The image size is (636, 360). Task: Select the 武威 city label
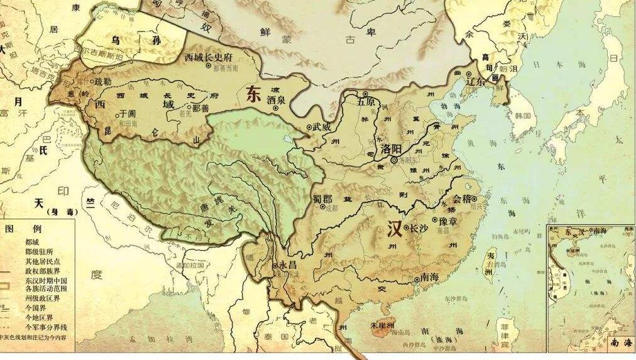coord(321,126)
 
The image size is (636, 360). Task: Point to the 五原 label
coord(366,101)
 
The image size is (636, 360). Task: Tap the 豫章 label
coord(451,221)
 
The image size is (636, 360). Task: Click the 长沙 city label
coord(418,228)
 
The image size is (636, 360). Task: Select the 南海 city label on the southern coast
coord(429,277)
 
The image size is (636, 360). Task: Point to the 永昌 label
coord(285,266)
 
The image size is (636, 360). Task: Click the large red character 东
coord(253,94)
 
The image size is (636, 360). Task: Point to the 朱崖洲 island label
coord(381,326)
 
